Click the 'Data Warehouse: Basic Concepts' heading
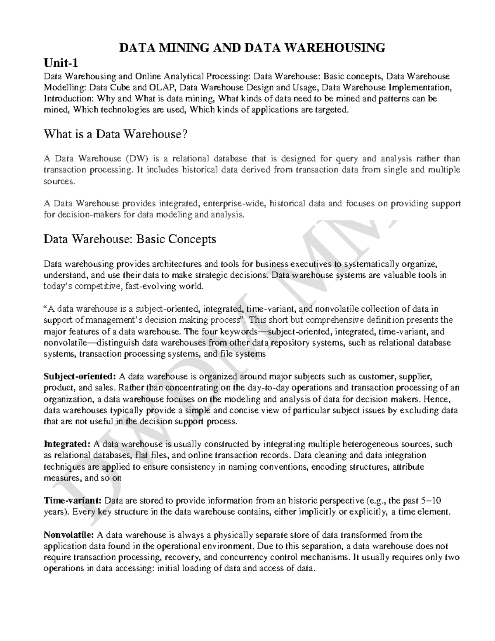click(x=130, y=239)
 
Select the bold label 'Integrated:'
click(x=67, y=444)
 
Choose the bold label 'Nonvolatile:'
click(x=69, y=535)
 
